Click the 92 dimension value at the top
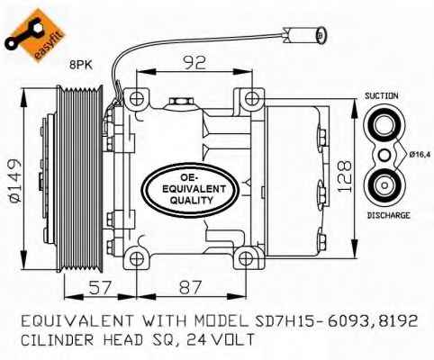pos(194,63)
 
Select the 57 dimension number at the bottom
pos(100,287)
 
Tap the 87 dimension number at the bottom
pos(190,287)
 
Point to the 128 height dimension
pos(344,176)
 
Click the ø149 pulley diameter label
pos(14,181)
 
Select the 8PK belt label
pos(81,65)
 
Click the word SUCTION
pos(382,96)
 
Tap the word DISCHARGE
pos(388,215)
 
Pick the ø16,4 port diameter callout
pos(420,155)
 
